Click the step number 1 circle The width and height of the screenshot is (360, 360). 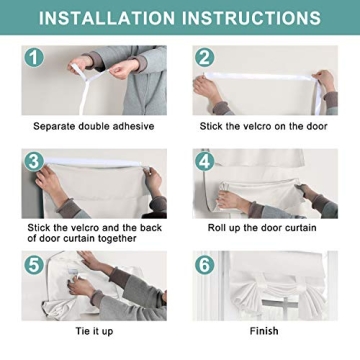click(x=34, y=57)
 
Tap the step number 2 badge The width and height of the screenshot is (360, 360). click(x=205, y=57)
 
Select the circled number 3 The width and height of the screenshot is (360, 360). click(x=34, y=161)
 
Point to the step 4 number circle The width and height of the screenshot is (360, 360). click(x=205, y=161)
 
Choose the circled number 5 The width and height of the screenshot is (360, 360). click(x=34, y=265)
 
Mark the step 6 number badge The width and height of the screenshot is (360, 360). click(x=205, y=265)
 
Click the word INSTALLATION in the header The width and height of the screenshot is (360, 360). click(x=107, y=18)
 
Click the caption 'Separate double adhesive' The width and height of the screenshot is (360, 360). click(x=94, y=126)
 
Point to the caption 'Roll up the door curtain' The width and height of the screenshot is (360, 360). click(x=262, y=228)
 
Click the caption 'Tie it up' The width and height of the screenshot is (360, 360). click(x=94, y=331)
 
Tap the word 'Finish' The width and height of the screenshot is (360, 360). click(x=264, y=331)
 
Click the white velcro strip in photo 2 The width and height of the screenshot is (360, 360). click(x=259, y=77)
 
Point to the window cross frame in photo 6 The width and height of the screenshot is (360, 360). click(x=281, y=305)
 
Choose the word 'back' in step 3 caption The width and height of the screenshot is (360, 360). click(x=150, y=228)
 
